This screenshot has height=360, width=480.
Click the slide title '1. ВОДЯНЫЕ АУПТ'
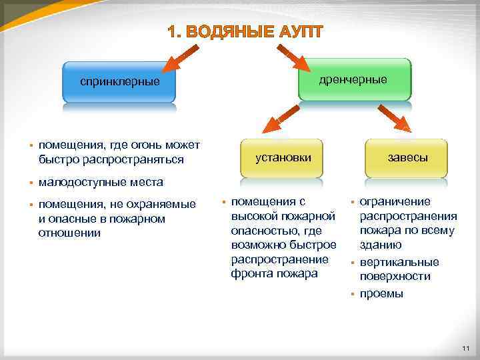[x=245, y=32]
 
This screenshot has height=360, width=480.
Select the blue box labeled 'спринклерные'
[x=120, y=82]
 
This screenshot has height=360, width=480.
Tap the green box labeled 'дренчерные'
[x=353, y=79]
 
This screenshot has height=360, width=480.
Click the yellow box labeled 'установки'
[x=283, y=157]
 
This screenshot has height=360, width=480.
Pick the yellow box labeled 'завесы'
[x=407, y=158]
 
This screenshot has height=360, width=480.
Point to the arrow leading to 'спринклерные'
[x=179, y=58]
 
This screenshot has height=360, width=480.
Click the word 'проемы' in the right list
[x=381, y=293]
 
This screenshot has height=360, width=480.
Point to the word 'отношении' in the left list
[x=69, y=233]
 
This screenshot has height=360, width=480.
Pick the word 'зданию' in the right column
[x=381, y=245]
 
